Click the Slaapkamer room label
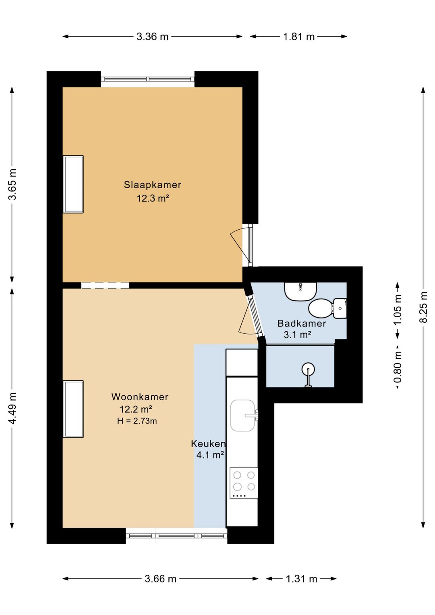click(152, 185)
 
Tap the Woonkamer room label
click(140, 397)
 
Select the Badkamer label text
click(302, 323)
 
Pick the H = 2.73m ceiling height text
click(137, 421)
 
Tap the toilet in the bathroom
click(327, 308)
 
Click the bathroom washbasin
click(300, 291)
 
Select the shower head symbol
click(308, 374)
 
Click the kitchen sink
click(243, 416)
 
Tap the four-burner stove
click(244, 483)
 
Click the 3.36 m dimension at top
click(153, 37)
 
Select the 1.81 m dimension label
click(299, 37)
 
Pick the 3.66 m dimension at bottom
click(161, 579)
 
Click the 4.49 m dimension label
click(12, 408)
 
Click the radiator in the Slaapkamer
click(73, 184)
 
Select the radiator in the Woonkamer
click(73, 409)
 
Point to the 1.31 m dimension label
click(302, 579)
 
